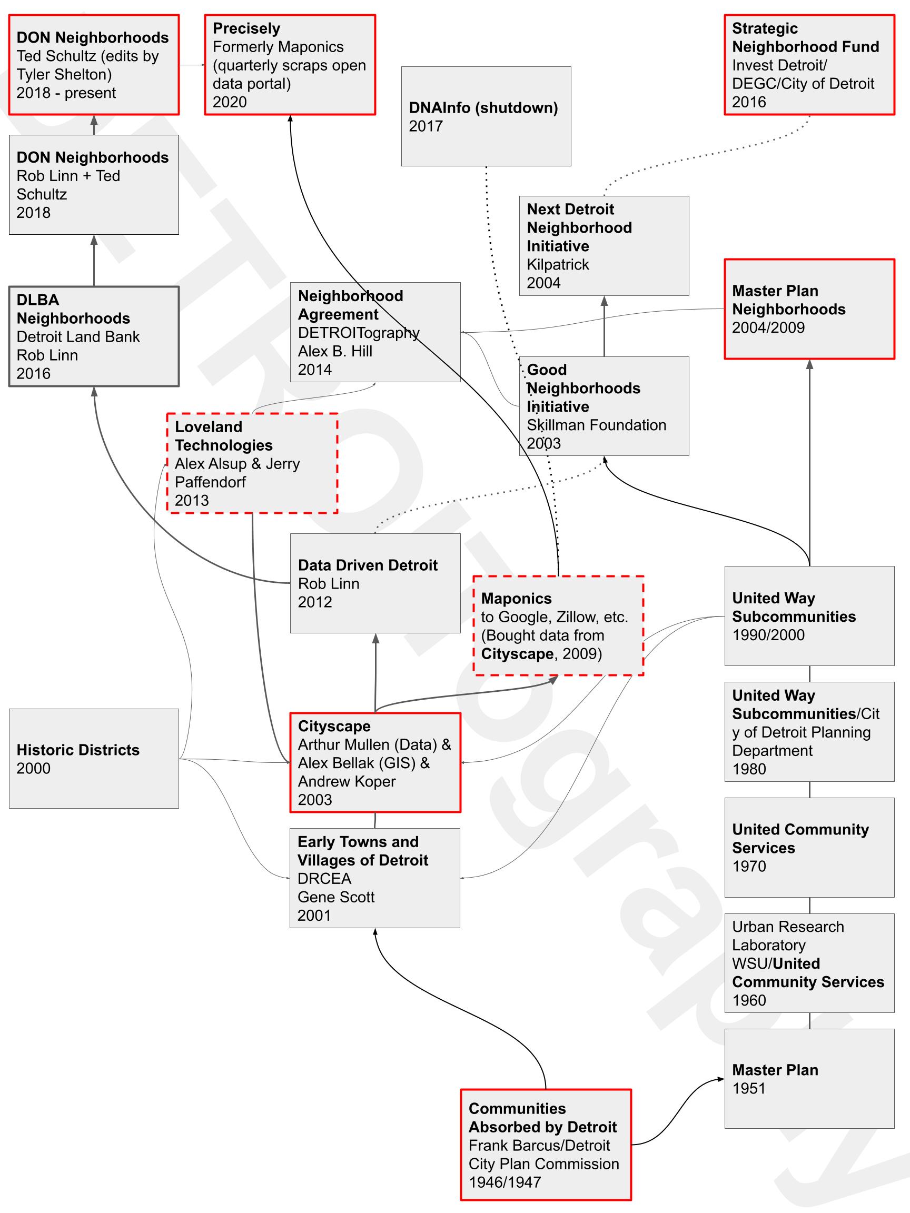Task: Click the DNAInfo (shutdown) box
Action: point(486,116)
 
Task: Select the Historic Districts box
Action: point(94,759)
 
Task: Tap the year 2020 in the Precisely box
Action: point(230,102)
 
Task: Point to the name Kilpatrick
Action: point(558,264)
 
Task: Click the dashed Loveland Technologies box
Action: point(252,463)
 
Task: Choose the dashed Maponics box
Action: point(558,625)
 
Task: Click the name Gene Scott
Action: point(335,897)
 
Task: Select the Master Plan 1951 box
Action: point(809,1078)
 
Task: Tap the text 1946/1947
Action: point(505,1182)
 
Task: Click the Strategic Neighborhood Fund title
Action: point(805,37)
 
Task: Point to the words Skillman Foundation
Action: point(596,425)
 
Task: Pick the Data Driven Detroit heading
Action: point(368,565)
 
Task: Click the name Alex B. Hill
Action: point(334,351)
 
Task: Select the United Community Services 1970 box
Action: point(809,847)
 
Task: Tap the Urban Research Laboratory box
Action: point(809,963)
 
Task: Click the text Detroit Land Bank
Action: point(78,337)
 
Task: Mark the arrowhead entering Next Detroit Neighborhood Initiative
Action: point(604,301)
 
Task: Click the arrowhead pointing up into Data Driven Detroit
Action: point(375,638)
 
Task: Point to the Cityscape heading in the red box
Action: point(334,726)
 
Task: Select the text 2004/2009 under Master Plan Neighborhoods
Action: point(768,327)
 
